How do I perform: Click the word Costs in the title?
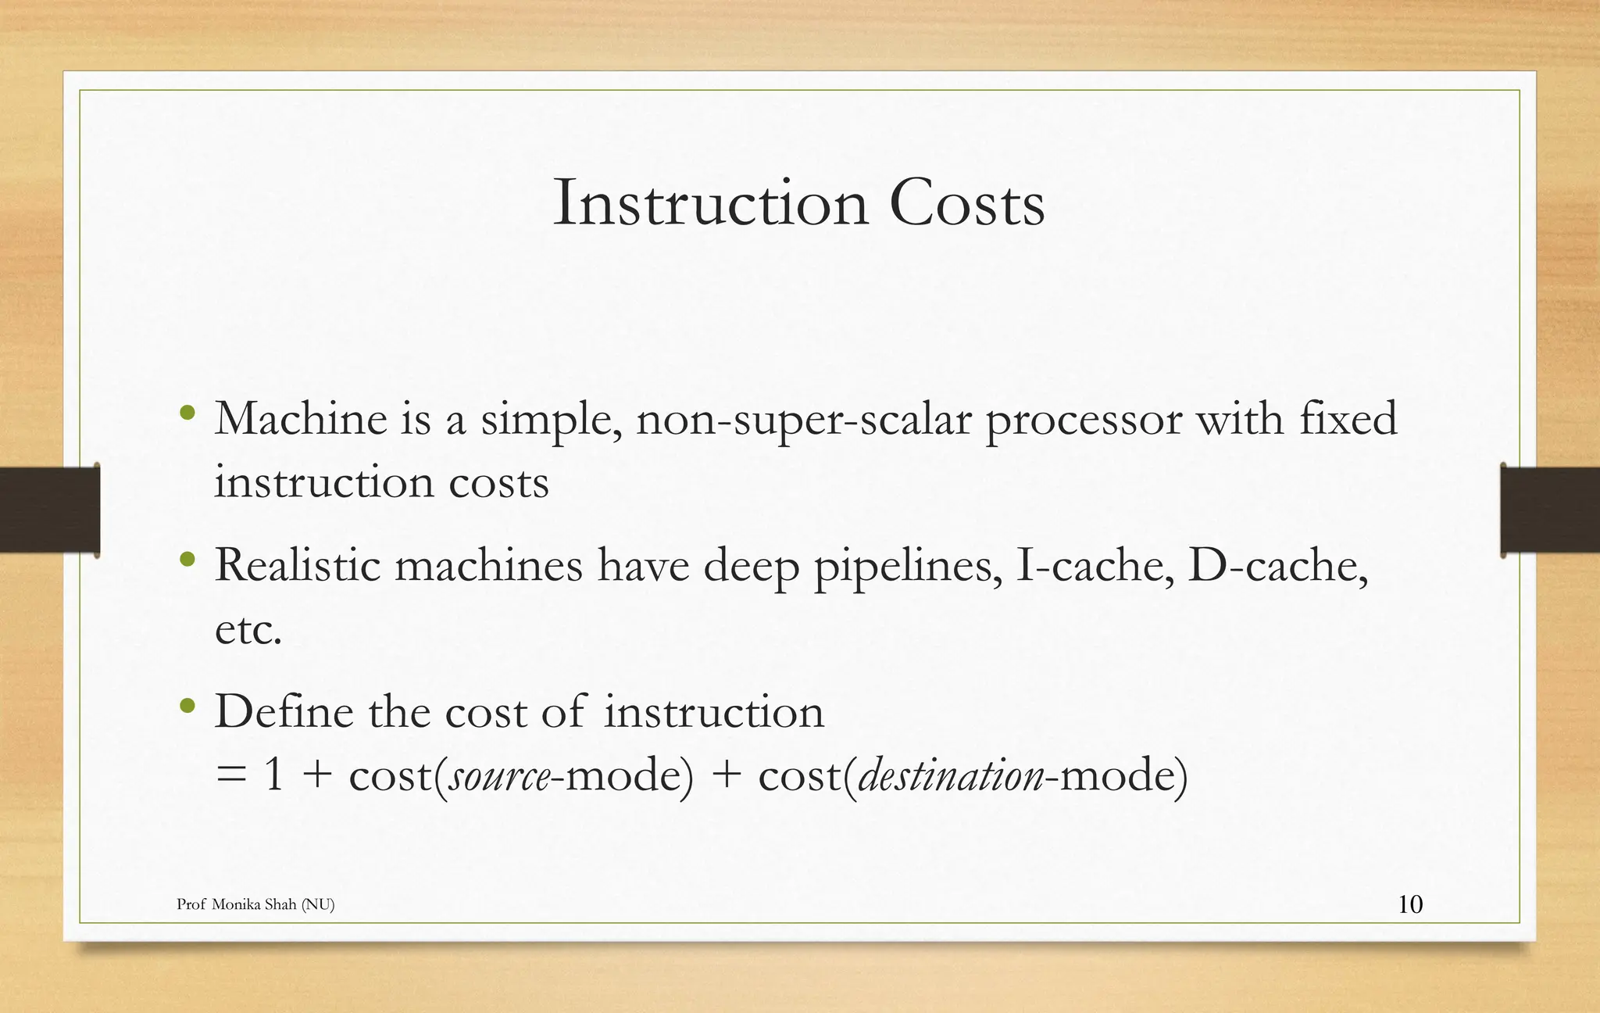point(966,204)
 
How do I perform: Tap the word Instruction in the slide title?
point(710,204)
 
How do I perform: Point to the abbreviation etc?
point(248,630)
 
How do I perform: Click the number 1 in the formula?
point(273,776)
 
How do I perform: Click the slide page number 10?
point(1410,904)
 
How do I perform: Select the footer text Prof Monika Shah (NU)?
point(255,904)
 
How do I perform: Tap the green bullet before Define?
point(187,706)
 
